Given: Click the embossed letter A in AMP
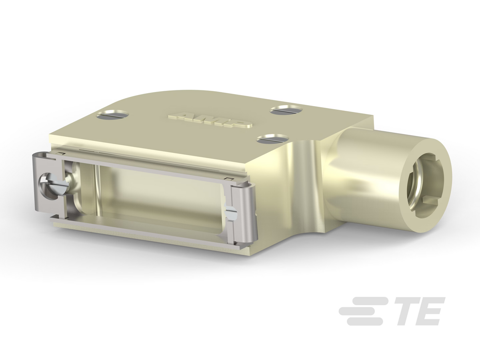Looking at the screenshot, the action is [x=179, y=116].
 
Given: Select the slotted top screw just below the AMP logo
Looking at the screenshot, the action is [x=272, y=139].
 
